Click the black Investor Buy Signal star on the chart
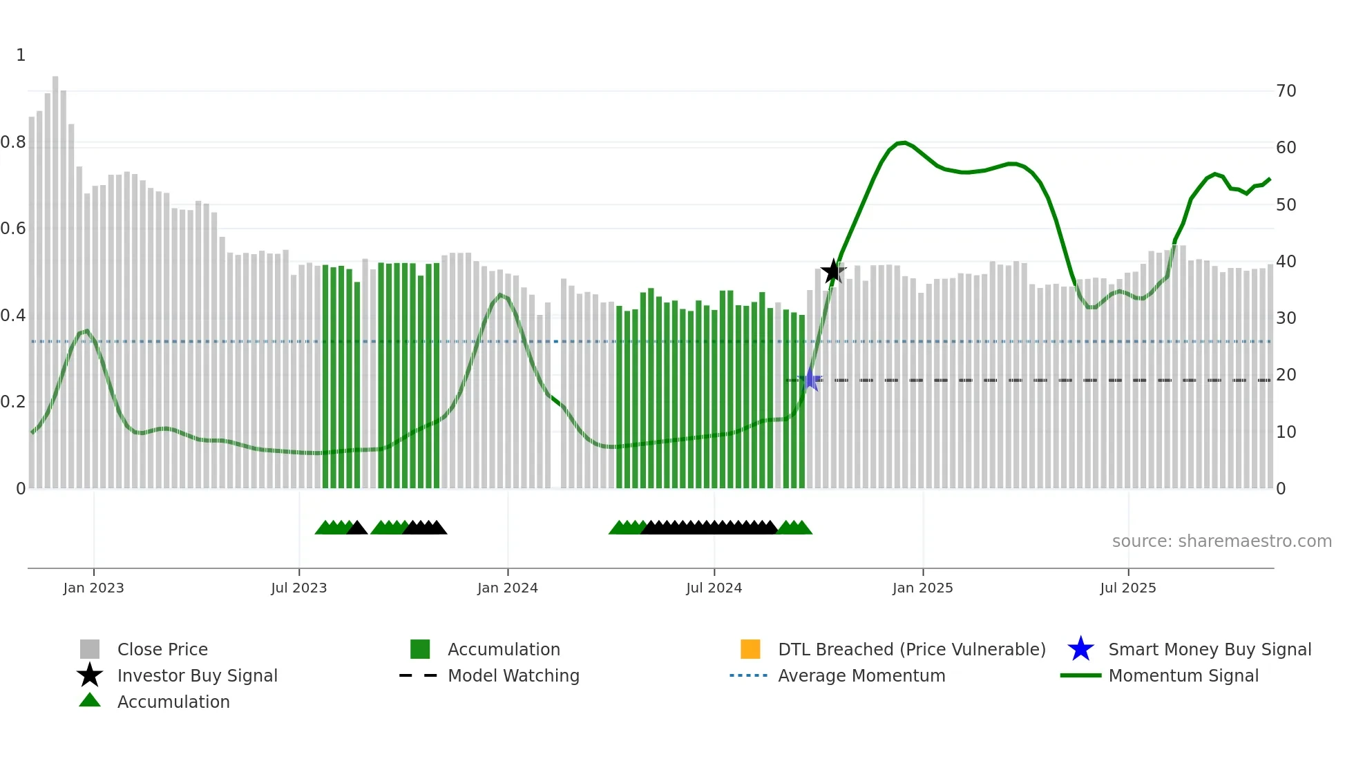click(833, 271)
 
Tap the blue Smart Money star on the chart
click(810, 380)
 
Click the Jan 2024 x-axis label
click(507, 588)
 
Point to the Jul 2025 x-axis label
click(1127, 588)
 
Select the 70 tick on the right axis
click(1286, 90)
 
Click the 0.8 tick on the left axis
click(13, 142)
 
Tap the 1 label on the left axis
click(21, 55)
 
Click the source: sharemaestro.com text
click(1221, 541)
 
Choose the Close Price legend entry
click(162, 649)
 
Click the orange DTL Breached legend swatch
click(750, 649)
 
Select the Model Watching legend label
click(513, 675)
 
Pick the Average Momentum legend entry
click(861, 675)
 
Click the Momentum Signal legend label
click(1183, 675)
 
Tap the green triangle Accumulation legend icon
click(90, 701)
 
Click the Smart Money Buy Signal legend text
click(1209, 649)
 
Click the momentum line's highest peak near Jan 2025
click(903, 142)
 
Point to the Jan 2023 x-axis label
click(93, 588)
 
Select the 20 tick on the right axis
click(1286, 374)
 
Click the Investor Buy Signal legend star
click(90, 675)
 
